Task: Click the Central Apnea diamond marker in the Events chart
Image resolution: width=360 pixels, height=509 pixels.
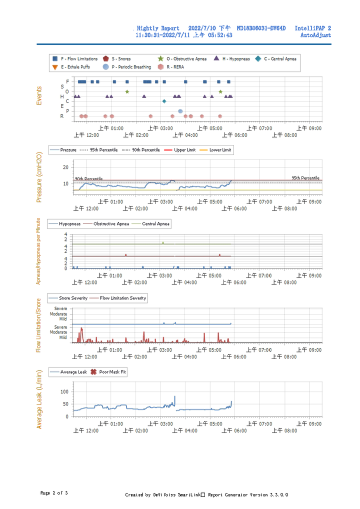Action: click(164, 101)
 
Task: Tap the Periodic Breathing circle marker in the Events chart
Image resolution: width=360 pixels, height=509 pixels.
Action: click(180, 111)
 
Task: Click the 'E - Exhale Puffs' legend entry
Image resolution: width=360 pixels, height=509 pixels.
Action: click(71, 67)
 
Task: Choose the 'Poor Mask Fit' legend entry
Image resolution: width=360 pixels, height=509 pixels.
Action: click(108, 372)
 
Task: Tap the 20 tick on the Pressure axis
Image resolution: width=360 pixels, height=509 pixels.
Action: click(65, 167)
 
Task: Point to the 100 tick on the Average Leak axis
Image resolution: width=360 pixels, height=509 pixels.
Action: click(64, 392)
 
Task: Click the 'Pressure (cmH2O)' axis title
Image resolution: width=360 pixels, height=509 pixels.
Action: click(39, 177)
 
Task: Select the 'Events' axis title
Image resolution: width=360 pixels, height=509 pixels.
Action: click(39, 96)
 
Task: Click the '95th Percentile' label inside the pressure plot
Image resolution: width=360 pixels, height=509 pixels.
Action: click(305, 178)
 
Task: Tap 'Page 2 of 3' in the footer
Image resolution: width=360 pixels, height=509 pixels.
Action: click(54, 493)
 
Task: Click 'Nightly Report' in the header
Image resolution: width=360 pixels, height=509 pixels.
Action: click(158, 28)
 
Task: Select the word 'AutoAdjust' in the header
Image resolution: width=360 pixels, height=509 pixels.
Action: click(315, 35)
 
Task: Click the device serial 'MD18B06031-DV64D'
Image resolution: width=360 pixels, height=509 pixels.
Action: click(261, 28)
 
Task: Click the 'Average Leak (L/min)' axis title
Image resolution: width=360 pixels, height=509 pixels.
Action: click(39, 399)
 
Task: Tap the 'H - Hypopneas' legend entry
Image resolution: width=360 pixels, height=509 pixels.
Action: click(232, 59)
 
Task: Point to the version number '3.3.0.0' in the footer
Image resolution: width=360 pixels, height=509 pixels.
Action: click(279, 494)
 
